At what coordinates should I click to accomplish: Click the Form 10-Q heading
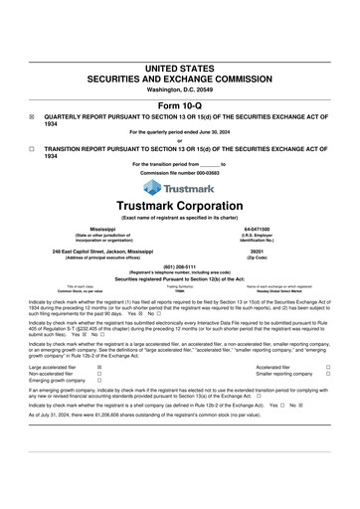[180, 105]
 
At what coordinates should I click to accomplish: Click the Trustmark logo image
[180, 186]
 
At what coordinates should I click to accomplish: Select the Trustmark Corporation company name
[180, 206]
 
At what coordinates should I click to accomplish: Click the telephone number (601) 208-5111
[180, 266]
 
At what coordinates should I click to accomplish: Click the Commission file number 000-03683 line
[180, 171]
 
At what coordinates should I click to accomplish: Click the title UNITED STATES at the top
[180, 69]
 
